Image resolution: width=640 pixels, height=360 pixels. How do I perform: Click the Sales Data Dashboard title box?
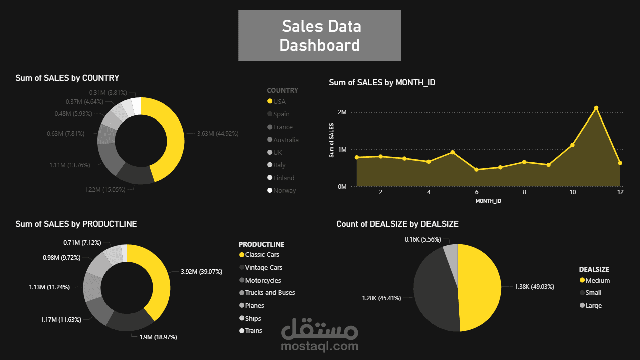tap(319, 35)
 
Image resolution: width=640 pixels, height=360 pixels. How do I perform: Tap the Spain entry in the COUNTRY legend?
tap(281, 114)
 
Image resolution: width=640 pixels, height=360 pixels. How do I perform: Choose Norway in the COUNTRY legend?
tap(284, 191)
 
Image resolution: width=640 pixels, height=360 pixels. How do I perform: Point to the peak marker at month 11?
tap(596, 108)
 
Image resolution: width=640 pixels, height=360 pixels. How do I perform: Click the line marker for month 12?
tap(620, 163)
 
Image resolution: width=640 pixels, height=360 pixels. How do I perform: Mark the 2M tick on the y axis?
tap(342, 112)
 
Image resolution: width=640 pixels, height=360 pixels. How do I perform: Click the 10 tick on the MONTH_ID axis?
tap(572, 192)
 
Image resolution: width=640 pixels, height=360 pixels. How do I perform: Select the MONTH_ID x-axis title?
tap(488, 201)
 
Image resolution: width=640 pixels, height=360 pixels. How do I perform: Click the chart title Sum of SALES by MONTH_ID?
tap(382, 82)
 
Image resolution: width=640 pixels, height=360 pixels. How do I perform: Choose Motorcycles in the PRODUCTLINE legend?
tap(263, 280)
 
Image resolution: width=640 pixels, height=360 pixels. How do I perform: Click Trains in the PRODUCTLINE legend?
tap(253, 331)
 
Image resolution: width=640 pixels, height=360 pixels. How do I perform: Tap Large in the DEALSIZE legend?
tap(593, 305)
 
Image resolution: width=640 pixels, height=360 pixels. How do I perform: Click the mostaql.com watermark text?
tap(320, 346)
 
